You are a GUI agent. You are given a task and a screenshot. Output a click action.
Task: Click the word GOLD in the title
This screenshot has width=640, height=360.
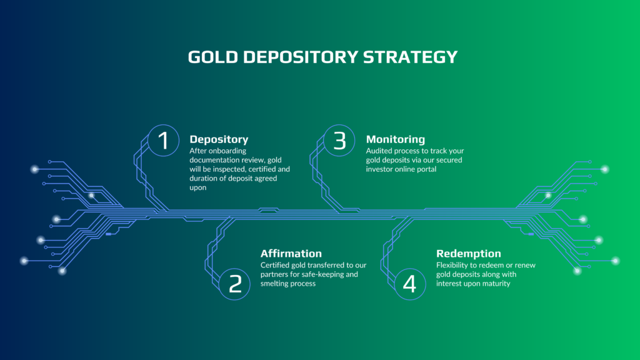(212, 57)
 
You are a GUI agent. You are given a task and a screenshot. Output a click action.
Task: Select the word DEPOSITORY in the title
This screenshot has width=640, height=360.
(301, 57)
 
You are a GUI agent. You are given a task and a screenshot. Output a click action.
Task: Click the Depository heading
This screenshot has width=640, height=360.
(219, 139)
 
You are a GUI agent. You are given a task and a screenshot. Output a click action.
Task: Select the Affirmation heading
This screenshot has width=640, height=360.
(291, 254)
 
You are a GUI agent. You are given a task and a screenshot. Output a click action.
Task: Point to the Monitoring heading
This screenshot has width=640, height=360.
(396, 139)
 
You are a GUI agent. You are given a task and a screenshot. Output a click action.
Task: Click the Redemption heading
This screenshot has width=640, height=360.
(469, 254)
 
